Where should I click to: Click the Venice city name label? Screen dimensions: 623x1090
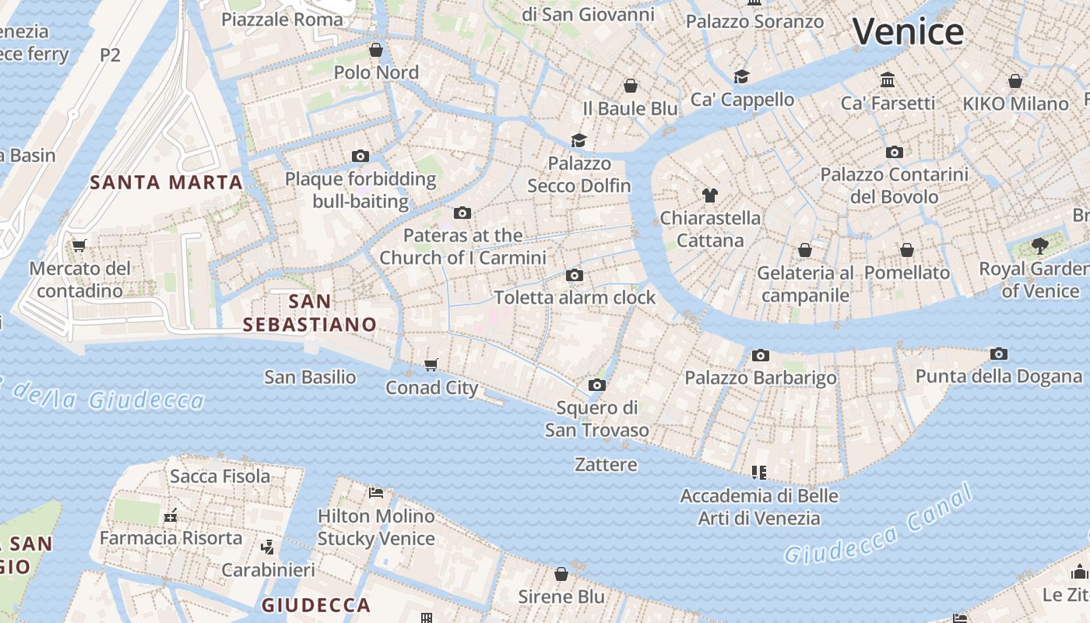click(908, 32)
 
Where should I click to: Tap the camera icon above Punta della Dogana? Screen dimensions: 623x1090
click(998, 354)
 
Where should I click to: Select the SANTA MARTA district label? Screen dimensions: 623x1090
click(166, 183)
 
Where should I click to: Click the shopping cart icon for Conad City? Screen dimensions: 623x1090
click(431, 364)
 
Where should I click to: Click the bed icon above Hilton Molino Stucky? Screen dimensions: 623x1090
click(376, 492)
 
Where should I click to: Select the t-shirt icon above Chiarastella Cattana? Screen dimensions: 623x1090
click(709, 195)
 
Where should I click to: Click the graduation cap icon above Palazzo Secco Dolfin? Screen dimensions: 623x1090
click(578, 140)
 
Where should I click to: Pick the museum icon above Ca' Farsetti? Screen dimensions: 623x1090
click(888, 80)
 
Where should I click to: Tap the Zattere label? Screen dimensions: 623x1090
click(606, 465)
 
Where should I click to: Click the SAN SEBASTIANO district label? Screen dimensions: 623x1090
click(310, 312)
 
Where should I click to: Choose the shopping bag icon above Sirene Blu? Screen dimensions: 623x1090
click(561, 574)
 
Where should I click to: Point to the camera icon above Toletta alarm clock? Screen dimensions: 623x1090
click(575, 275)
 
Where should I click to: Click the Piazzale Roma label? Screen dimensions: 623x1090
click(282, 19)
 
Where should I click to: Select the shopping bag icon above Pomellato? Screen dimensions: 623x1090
click(906, 250)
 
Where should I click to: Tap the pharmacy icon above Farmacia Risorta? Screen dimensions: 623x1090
click(171, 516)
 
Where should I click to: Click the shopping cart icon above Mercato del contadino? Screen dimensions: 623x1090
click(79, 246)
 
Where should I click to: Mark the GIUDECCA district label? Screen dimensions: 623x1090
click(315, 605)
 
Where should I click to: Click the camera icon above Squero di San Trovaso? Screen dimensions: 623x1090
click(596, 385)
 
